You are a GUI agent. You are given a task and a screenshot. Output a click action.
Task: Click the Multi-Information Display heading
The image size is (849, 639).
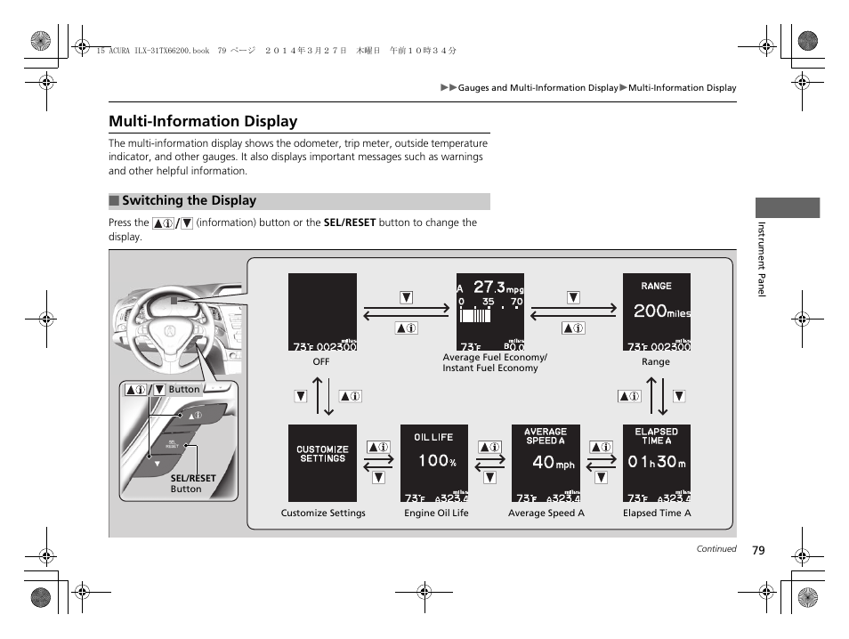click(203, 121)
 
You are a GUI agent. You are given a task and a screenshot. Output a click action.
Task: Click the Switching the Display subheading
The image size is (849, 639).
click(189, 201)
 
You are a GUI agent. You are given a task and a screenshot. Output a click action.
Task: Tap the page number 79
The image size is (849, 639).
click(757, 550)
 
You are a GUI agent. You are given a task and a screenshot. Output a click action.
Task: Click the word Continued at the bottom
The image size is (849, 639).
click(716, 549)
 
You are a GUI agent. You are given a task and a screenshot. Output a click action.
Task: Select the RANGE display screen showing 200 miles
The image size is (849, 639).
click(657, 311)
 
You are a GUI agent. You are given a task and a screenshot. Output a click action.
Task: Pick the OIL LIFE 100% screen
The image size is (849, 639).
click(434, 463)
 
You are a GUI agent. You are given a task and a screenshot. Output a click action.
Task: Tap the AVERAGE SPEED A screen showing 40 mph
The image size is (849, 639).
click(546, 463)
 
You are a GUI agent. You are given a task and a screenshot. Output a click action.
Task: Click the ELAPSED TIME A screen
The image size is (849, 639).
click(657, 463)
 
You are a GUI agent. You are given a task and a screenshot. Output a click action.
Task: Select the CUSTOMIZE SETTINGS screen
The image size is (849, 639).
click(322, 463)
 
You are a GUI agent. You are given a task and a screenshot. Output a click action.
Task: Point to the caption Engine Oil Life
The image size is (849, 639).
click(436, 513)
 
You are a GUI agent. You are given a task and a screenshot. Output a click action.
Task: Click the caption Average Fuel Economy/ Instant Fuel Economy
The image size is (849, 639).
click(494, 362)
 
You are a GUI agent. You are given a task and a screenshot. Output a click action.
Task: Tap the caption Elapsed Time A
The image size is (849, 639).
click(657, 513)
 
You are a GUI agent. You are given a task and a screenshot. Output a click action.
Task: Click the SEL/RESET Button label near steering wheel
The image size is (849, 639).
click(192, 483)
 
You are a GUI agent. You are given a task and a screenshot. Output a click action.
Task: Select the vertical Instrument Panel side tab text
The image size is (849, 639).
click(762, 258)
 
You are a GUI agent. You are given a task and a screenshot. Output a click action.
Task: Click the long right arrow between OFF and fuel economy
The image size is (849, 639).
click(406, 306)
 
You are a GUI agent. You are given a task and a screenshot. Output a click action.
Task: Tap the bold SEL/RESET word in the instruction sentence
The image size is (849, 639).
click(350, 223)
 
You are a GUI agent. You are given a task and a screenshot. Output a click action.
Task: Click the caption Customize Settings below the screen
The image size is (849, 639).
click(323, 513)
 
